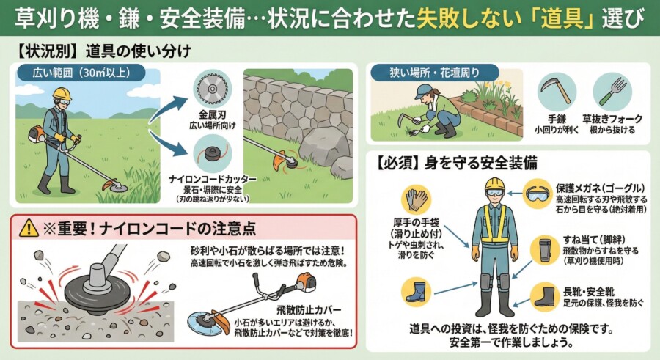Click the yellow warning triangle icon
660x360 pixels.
click(x=28, y=228)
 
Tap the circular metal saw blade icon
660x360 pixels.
click(x=213, y=89)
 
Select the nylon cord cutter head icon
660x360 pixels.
click(x=213, y=154)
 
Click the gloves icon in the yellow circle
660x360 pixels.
click(x=417, y=199)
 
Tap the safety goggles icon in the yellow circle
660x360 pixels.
click(x=538, y=194)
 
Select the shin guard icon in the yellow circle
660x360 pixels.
click(x=545, y=251)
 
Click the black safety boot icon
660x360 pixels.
click(x=545, y=296)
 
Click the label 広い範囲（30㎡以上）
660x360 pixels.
click(x=81, y=73)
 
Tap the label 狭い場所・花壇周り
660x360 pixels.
click(x=434, y=73)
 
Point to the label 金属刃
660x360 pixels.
click(x=212, y=114)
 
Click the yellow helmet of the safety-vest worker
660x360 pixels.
click(x=494, y=183)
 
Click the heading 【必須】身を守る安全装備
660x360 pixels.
click(x=456, y=163)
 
